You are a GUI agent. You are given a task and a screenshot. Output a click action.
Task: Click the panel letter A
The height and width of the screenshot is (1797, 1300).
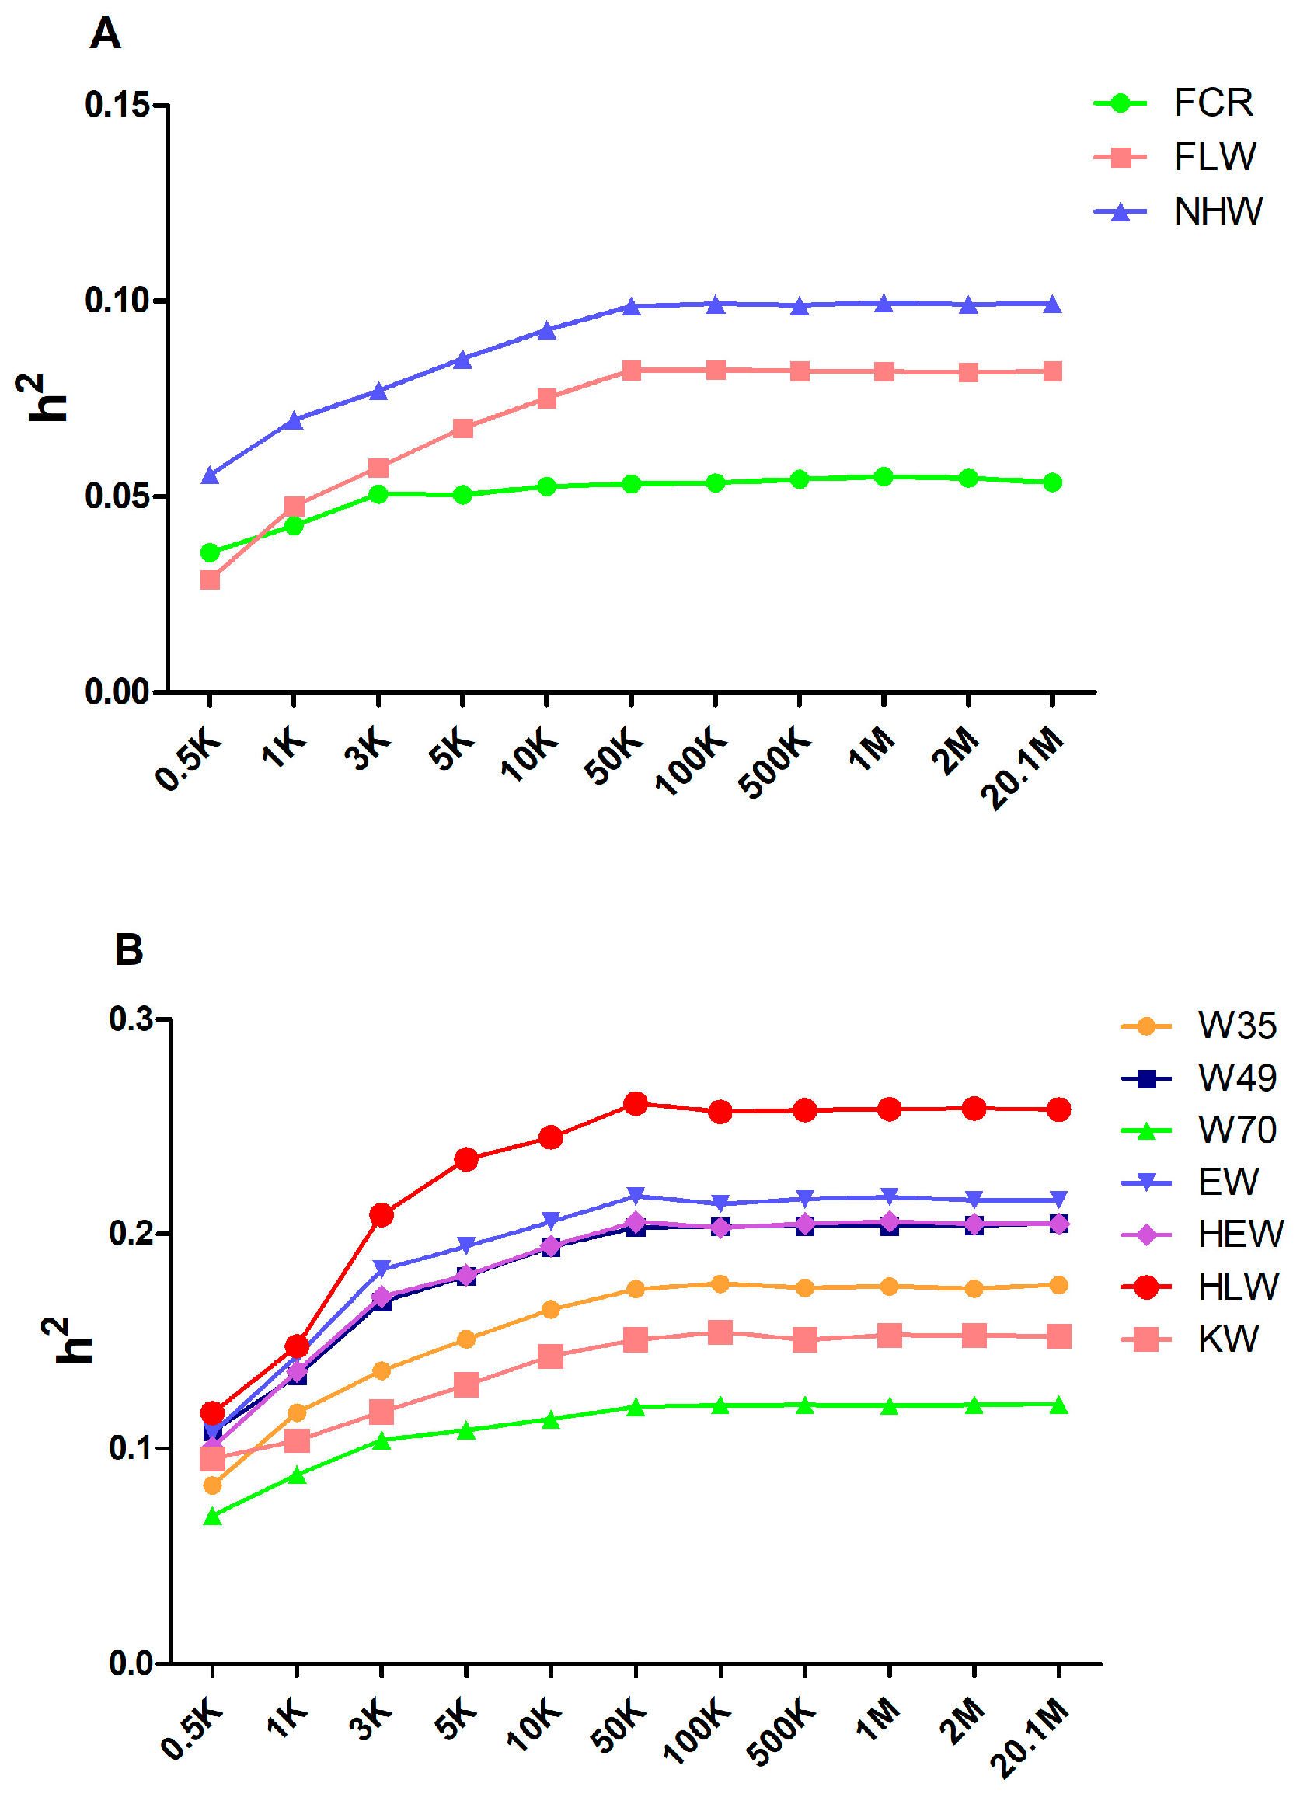click(x=105, y=34)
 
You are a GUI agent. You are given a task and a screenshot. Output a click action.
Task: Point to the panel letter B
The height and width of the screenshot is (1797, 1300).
click(x=128, y=949)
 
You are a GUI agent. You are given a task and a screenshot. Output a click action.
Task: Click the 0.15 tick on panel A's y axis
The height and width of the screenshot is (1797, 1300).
click(x=117, y=105)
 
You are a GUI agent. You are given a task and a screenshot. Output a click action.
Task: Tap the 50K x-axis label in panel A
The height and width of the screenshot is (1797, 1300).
click(x=613, y=758)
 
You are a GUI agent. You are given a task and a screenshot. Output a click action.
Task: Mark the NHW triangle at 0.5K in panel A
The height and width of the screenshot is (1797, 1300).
click(x=210, y=475)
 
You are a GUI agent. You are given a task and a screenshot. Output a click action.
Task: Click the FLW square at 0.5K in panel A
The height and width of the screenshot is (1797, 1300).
click(x=210, y=580)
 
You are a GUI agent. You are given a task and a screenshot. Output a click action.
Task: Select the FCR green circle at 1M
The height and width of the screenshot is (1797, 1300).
click(x=884, y=476)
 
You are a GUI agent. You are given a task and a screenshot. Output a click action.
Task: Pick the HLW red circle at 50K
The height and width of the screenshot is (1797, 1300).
click(x=635, y=1103)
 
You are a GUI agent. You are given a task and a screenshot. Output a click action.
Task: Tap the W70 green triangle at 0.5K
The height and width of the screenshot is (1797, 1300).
click(x=212, y=1517)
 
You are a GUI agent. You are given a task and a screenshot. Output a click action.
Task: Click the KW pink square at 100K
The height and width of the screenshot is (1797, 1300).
click(x=720, y=1332)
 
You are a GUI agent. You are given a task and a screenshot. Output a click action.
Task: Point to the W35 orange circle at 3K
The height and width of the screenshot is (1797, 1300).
click(x=382, y=1370)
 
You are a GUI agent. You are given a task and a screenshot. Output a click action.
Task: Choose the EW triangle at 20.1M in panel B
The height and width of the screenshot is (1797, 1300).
click(x=1058, y=1199)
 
